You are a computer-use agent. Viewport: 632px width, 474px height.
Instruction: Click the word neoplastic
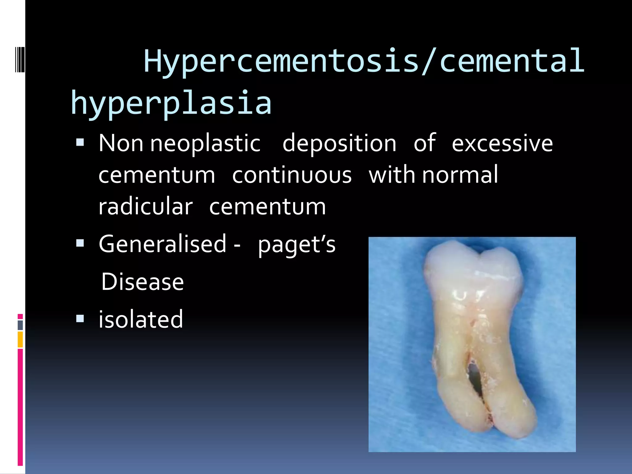(x=205, y=144)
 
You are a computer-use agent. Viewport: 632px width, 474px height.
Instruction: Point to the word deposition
(x=339, y=143)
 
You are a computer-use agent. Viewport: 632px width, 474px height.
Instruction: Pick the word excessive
(x=502, y=143)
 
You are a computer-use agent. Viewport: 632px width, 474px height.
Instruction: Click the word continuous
(x=292, y=175)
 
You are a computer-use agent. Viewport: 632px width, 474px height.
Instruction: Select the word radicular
(x=145, y=206)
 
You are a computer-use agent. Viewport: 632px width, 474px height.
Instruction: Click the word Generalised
(x=163, y=244)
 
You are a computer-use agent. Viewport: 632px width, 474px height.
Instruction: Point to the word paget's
(x=297, y=245)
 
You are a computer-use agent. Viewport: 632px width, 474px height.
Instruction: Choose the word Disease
(x=142, y=282)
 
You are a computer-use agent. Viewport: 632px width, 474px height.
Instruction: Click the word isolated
(x=141, y=319)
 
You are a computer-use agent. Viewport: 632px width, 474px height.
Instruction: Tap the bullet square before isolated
(x=80, y=318)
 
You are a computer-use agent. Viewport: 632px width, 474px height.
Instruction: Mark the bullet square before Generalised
(x=80, y=243)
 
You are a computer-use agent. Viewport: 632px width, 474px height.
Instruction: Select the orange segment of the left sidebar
(x=20, y=339)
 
